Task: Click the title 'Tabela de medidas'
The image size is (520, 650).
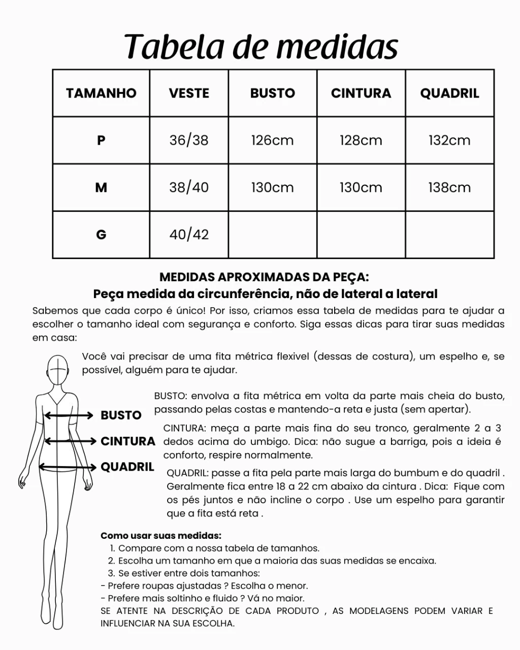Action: point(261,47)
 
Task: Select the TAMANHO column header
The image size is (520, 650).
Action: point(101,93)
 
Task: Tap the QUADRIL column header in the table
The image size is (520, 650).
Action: point(449,93)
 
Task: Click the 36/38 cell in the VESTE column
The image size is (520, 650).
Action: point(189,140)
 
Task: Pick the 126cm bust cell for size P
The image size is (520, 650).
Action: point(272,140)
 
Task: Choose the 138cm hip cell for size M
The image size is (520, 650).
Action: point(449,187)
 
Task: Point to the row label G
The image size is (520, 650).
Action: point(101,235)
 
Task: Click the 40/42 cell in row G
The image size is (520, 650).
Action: point(189,235)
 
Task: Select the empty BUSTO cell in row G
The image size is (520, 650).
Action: point(272,235)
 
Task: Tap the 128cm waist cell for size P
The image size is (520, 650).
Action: point(361,140)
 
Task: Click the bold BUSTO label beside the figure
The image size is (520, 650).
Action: point(121,415)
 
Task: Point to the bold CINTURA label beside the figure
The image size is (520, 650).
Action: point(128,441)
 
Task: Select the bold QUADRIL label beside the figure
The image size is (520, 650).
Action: point(127,467)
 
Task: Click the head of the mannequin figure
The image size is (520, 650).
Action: point(58,371)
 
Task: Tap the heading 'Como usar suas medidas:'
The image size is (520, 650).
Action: point(161,536)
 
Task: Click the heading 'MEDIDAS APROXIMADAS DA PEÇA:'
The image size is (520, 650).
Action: point(264,277)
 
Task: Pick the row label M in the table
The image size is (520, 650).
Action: point(101,187)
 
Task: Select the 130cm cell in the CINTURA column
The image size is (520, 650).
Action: point(361,187)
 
